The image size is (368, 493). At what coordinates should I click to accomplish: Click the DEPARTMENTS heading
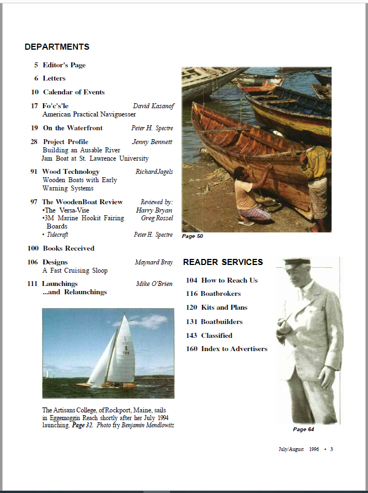pos(57,47)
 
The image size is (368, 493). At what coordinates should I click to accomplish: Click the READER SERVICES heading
pos(223,262)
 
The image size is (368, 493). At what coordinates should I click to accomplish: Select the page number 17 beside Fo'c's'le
pos(34,105)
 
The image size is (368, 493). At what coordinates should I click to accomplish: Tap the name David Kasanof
pos(153,105)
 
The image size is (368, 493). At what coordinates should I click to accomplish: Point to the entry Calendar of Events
pos(73,92)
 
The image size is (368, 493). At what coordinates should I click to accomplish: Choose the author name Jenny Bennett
pos(152,142)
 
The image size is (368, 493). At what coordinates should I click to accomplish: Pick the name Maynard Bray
pos(153,262)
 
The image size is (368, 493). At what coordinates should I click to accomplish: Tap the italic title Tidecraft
pos(58,235)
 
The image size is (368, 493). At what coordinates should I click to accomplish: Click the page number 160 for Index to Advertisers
pos(191,349)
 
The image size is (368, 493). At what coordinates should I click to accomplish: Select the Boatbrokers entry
pos(221,294)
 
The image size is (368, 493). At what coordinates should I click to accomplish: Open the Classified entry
pos(216,335)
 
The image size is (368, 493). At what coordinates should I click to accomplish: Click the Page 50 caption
pos(193,236)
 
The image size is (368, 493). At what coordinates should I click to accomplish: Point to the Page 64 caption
pos(303,429)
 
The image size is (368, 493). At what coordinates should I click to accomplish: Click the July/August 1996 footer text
pos(298,449)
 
